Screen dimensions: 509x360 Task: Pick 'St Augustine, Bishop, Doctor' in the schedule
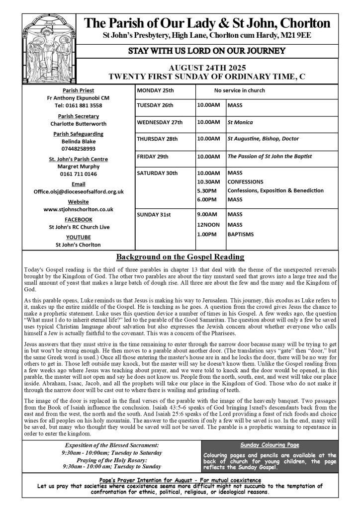click(x=263, y=139)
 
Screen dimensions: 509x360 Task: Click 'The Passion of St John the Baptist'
click(x=269, y=156)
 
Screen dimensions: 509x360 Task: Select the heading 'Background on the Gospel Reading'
click(x=180, y=257)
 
